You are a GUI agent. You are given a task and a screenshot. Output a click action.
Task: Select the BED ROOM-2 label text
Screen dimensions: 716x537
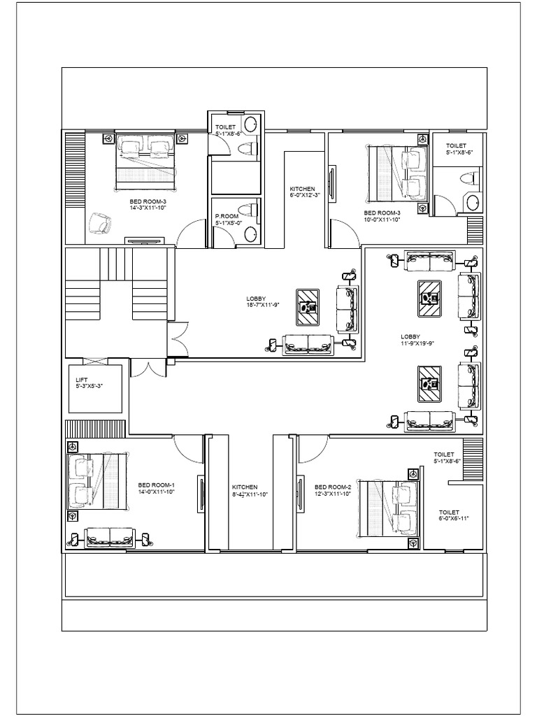click(332, 487)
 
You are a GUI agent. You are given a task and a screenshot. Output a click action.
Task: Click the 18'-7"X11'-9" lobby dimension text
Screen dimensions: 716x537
click(262, 305)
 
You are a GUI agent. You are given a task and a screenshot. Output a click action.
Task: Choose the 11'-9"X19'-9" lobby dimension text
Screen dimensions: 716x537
click(417, 343)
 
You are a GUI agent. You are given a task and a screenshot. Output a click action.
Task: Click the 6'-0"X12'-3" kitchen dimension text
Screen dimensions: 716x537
click(304, 195)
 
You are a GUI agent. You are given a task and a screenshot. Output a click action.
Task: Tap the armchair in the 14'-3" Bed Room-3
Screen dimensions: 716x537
click(99, 224)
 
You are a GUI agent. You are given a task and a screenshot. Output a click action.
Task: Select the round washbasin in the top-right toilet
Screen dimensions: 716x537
click(473, 203)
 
